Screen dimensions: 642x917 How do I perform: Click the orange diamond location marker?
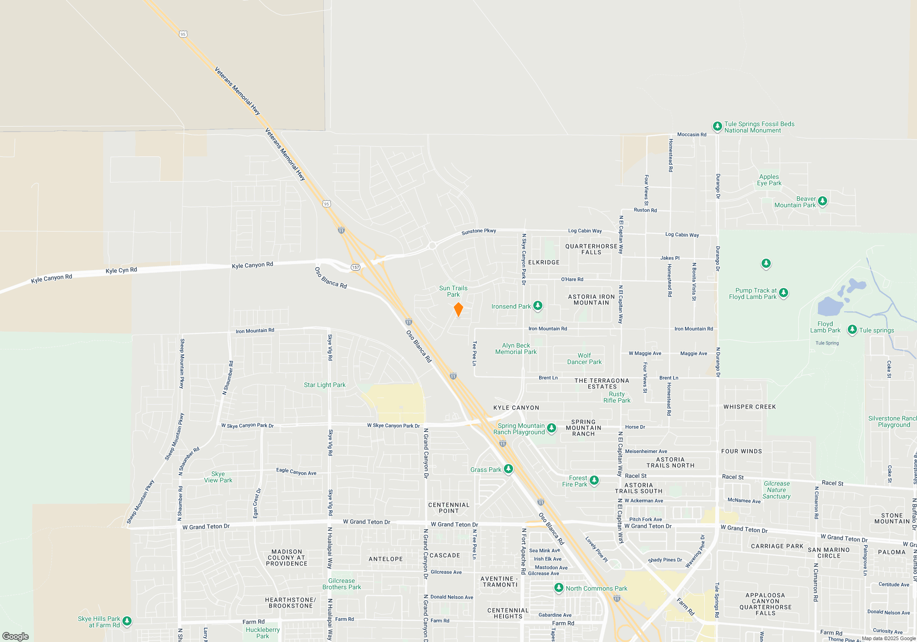(x=458, y=310)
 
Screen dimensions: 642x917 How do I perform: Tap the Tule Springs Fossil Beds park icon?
(x=717, y=127)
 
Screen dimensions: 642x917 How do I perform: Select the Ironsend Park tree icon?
(x=538, y=305)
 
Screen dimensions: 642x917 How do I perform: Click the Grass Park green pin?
(x=508, y=469)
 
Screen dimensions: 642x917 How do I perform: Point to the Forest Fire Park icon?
(x=594, y=480)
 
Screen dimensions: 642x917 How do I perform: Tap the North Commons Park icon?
(x=558, y=587)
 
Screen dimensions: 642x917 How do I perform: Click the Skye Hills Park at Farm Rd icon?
(x=127, y=621)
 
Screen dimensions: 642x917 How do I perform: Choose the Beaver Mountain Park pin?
(x=823, y=201)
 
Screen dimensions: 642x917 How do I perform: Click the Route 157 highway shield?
(x=355, y=267)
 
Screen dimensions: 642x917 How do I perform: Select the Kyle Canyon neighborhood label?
(x=516, y=408)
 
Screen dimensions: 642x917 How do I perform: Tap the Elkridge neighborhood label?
(x=544, y=262)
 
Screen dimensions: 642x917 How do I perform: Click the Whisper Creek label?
(x=750, y=407)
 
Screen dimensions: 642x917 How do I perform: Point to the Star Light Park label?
(x=325, y=385)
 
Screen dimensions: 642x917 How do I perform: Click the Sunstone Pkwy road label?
(x=479, y=232)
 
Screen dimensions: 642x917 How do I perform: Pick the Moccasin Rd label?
(x=691, y=134)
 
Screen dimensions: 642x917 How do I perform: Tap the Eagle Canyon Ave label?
(x=296, y=471)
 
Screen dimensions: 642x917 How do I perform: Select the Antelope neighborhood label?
(x=386, y=559)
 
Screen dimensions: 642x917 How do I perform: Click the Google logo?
(x=16, y=636)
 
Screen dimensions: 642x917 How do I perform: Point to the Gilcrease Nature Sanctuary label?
(x=776, y=490)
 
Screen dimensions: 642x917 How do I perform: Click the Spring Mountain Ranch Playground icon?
(x=552, y=428)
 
